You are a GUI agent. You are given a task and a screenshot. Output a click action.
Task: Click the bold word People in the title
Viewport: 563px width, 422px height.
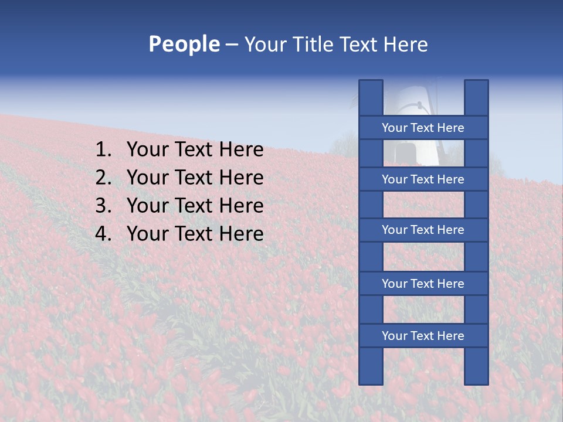pos(184,45)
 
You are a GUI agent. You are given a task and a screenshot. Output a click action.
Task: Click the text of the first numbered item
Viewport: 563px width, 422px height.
pos(195,150)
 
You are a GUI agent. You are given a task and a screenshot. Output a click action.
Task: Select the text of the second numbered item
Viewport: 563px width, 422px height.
pos(195,178)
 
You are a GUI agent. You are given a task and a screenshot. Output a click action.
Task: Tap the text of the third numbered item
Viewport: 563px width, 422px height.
pos(195,206)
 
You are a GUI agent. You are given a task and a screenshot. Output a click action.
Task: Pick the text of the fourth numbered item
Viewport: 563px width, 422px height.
pos(195,234)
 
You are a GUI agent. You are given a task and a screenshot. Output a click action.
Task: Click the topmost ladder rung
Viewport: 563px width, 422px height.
pos(423,128)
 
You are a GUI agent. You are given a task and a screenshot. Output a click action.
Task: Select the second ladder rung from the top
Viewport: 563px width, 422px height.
pos(423,179)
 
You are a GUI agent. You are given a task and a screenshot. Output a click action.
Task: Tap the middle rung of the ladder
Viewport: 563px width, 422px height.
pos(423,230)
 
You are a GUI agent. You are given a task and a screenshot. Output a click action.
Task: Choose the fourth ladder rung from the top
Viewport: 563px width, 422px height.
pos(423,284)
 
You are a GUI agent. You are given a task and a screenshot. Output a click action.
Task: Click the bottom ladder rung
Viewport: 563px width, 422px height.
pos(423,336)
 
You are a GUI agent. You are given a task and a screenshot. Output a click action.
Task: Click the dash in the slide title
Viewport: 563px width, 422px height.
pos(231,45)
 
